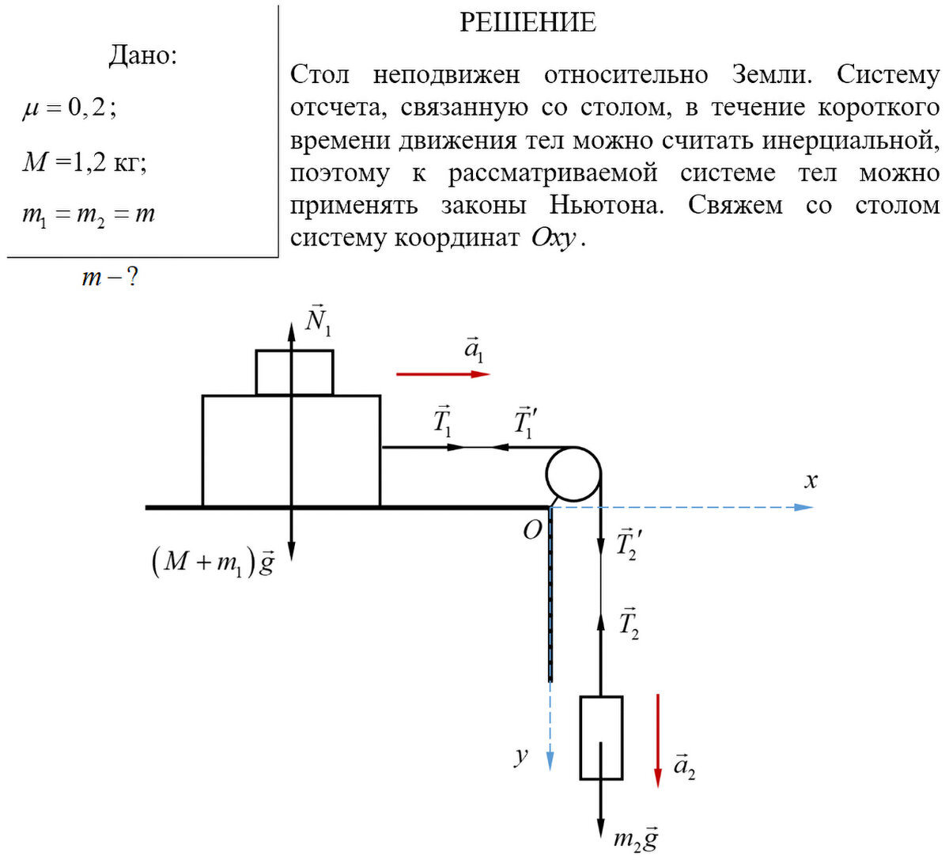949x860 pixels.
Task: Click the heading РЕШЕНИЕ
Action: click(527, 22)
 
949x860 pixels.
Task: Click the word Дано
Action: click(142, 55)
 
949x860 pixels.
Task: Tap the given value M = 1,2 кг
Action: click(85, 162)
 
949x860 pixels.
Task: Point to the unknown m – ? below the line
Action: click(110, 278)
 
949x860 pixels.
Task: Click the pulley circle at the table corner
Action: click(573, 473)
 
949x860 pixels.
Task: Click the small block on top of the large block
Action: click(294, 372)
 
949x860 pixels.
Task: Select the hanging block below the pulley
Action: click(601, 737)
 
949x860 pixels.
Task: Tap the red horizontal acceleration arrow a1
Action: click(443, 373)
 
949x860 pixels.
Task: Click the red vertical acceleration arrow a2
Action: click(657, 740)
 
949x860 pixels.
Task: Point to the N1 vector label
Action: click(318, 320)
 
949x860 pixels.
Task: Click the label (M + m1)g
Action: click(212, 563)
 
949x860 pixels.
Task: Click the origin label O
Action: click(532, 530)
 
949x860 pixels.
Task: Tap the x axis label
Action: click(811, 480)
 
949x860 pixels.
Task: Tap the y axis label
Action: click(520, 755)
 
